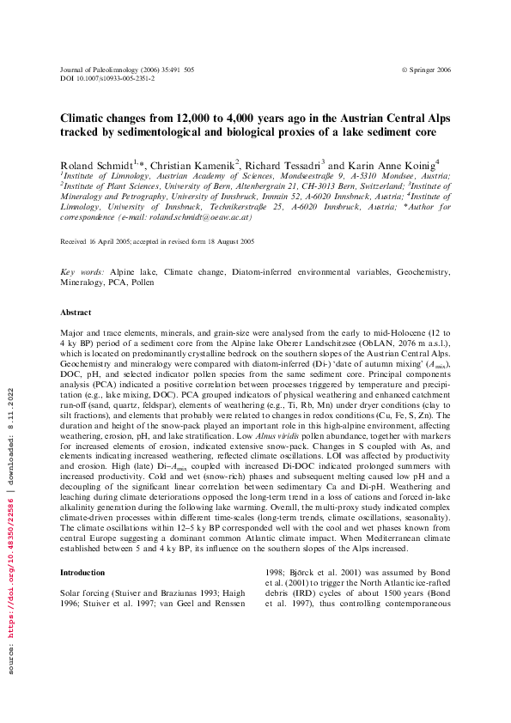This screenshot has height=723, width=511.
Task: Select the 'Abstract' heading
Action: (x=75, y=312)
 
